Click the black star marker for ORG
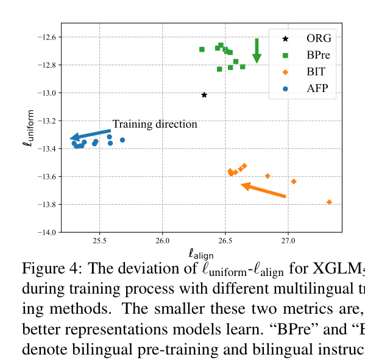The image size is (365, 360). click(x=204, y=94)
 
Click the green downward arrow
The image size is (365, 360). click(x=257, y=51)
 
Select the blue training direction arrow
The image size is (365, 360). click(x=90, y=135)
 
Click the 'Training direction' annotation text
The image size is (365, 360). click(x=155, y=124)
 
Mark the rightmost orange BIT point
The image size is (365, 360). click(x=329, y=202)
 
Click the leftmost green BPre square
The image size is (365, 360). click(x=202, y=49)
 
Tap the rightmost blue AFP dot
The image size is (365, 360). click(x=122, y=140)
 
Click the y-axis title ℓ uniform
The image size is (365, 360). click(x=27, y=128)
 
